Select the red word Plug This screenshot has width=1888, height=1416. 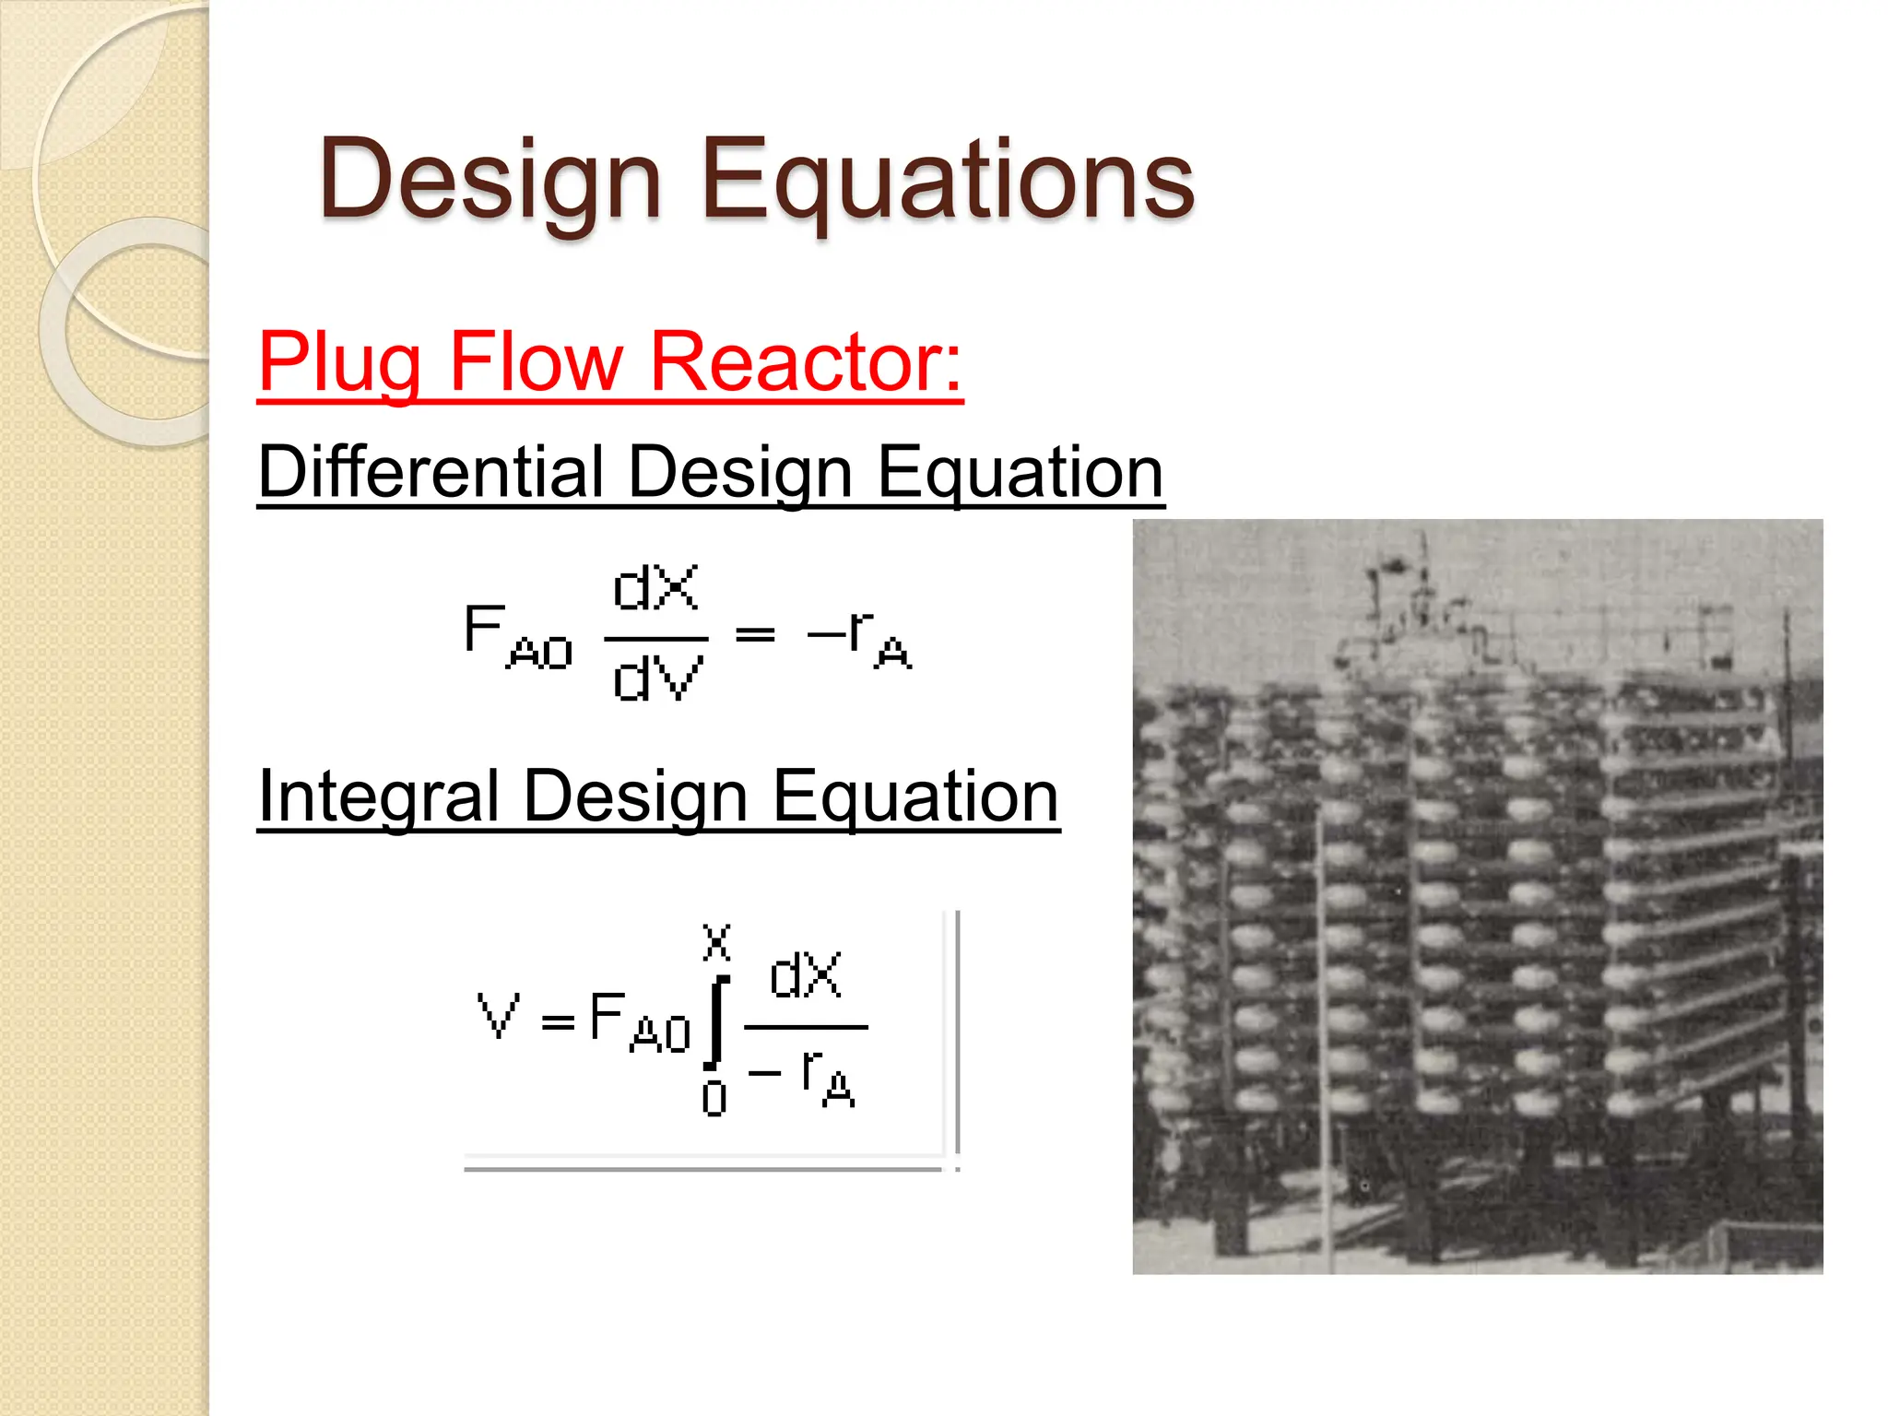coord(339,364)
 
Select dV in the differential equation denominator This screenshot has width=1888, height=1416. coord(657,678)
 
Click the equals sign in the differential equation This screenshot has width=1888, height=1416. coord(755,634)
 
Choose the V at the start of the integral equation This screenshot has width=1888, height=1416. coord(499,1016)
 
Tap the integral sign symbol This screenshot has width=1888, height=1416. coord(716,1020)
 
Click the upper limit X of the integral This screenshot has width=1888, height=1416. coord(716,942)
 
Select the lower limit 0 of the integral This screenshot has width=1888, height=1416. coord(714,1099)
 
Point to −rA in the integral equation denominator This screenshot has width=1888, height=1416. coord(803,1079)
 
